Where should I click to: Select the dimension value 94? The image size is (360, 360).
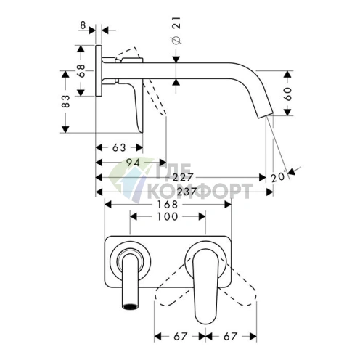[x=132, y=163]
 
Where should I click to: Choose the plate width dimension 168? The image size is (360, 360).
[x=167, y=205]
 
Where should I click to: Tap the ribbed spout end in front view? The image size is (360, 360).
[x=130, y=300]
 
